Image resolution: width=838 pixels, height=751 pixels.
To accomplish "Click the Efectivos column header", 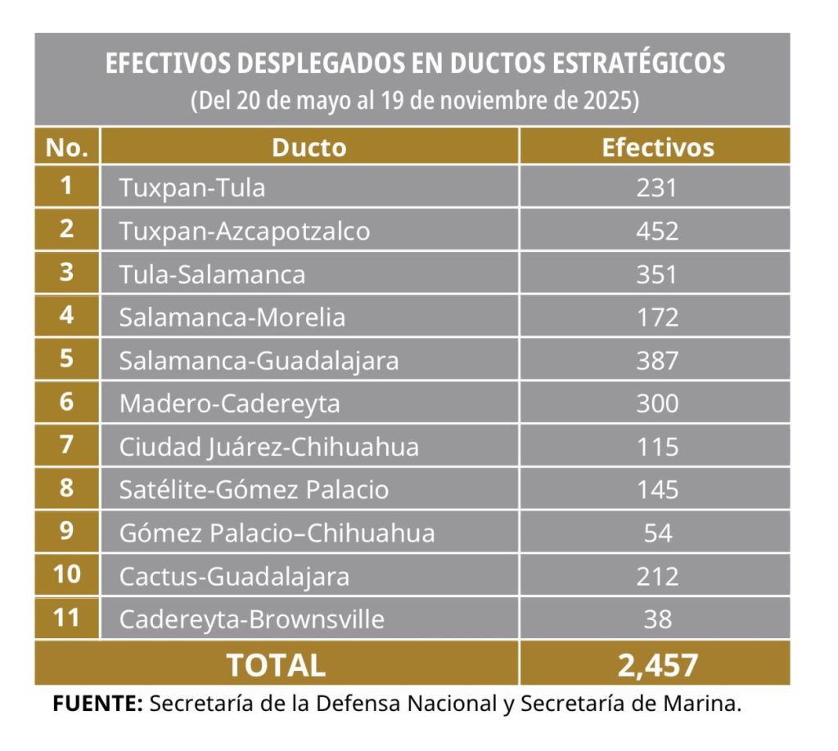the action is tap(658, 147).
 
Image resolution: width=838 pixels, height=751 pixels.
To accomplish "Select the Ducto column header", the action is tap(309, 147).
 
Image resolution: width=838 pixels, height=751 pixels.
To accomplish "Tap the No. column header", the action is tap(67, 147).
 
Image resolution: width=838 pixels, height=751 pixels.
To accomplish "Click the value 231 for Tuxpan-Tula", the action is tap(657, 187).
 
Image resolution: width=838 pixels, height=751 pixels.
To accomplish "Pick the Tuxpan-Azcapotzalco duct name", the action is tap(244, 232).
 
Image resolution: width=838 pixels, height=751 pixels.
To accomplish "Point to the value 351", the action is tap(657, 274).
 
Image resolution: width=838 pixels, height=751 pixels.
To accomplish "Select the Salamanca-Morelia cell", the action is tap(232, 317).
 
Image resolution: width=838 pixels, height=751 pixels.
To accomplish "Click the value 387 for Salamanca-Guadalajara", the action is tap(657, 361).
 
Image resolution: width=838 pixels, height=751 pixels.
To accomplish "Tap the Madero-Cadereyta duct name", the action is tap(229, 404).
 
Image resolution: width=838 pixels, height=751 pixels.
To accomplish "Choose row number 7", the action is tap(66, 444).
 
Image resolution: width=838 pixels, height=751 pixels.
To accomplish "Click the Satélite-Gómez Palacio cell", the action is tap(254, 490).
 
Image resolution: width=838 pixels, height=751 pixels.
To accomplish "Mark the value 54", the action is tap(657, 533).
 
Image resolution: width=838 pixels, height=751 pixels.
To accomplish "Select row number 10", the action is tap(67, 574).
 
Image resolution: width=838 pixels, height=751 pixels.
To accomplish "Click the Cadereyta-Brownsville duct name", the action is tap(252, 619).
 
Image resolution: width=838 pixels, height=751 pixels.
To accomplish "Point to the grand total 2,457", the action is tap(657, 666).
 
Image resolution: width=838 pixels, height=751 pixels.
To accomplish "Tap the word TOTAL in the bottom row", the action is tap(276, 666).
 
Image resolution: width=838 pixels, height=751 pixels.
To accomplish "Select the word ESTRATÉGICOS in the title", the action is tap(638, 63).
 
